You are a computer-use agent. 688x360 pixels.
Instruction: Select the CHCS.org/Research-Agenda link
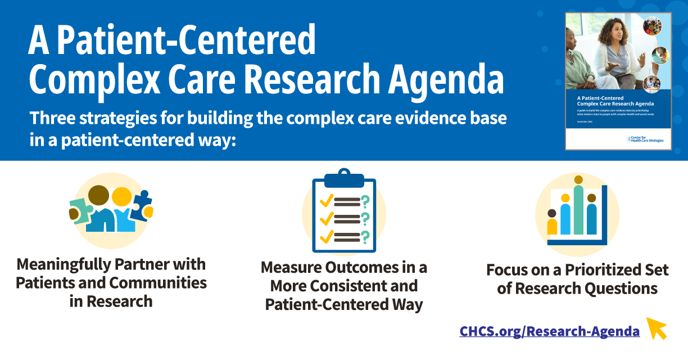tap(549, 331)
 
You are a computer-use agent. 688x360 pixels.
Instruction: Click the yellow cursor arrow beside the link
tap(657, 328)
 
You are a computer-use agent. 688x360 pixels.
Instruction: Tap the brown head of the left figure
tap(99, 195)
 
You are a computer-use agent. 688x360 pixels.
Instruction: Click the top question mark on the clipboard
tap(365, 201)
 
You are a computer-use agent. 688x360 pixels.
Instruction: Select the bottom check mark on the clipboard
tap(326, 237)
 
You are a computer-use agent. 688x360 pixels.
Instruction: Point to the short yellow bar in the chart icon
tap(552, 226)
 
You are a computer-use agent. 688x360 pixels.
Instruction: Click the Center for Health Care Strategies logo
tap(645, 139)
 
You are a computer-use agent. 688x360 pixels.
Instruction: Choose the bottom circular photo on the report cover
tap(651, 84)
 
